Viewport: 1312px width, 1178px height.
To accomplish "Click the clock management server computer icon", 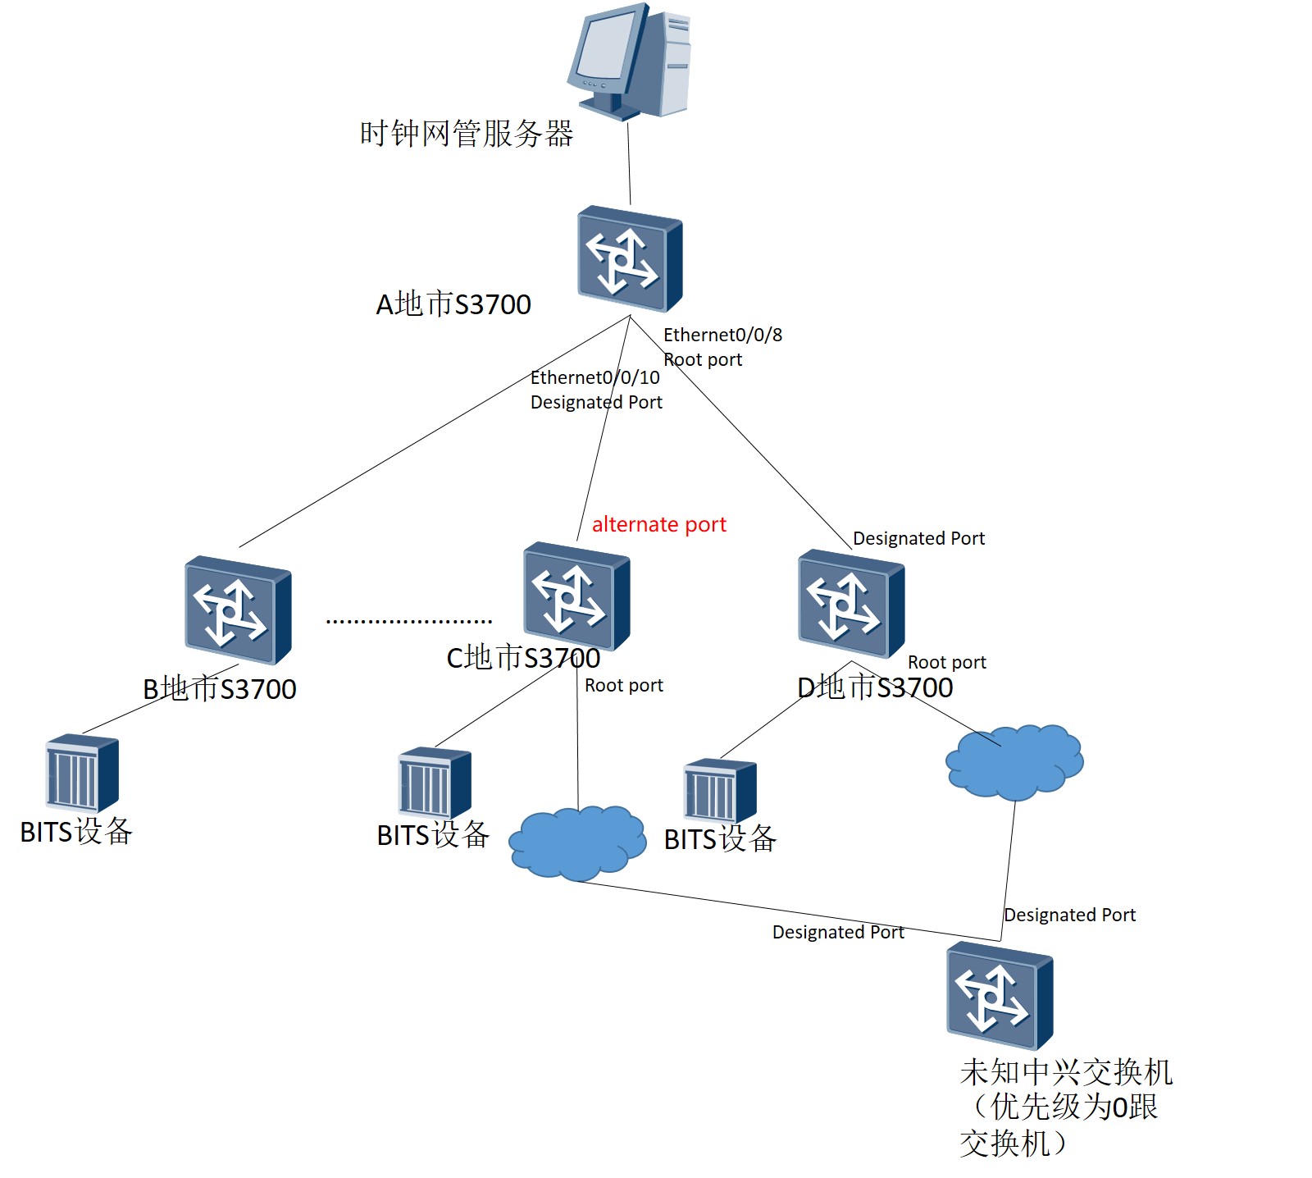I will coord(630,62).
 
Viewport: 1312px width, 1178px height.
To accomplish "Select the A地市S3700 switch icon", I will coord(629,259).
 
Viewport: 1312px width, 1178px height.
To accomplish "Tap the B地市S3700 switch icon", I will coord(238,610).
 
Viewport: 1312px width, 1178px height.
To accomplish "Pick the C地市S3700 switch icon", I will coord(576,596).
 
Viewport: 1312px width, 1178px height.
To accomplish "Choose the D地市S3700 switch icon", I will coord(850,605).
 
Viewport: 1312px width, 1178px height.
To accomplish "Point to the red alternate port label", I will coord(658,524).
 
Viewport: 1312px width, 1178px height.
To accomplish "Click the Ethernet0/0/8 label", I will coord(722,335).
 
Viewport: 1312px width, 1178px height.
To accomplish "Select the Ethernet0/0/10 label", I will coord(594,377).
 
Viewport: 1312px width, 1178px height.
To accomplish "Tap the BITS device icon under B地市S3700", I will coord(82,773).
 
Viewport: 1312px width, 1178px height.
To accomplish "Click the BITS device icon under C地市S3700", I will coord(435,783).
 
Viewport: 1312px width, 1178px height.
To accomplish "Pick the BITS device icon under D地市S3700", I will coord(720,791).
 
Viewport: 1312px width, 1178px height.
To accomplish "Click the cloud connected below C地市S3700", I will coord(576,842).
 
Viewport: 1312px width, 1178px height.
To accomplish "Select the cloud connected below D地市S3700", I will coord(1014,761).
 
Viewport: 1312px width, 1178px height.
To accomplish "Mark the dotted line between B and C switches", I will coord(408,621).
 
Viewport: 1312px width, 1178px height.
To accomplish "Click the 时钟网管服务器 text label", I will coord(466,134).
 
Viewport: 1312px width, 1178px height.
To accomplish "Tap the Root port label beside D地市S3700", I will coord(946,662).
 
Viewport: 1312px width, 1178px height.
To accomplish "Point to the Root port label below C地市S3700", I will coord(623,685).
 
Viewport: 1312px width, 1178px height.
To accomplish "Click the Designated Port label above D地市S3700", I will coord(918,538).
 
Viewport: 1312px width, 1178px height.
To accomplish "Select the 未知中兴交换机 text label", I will coord(1065,1071).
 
